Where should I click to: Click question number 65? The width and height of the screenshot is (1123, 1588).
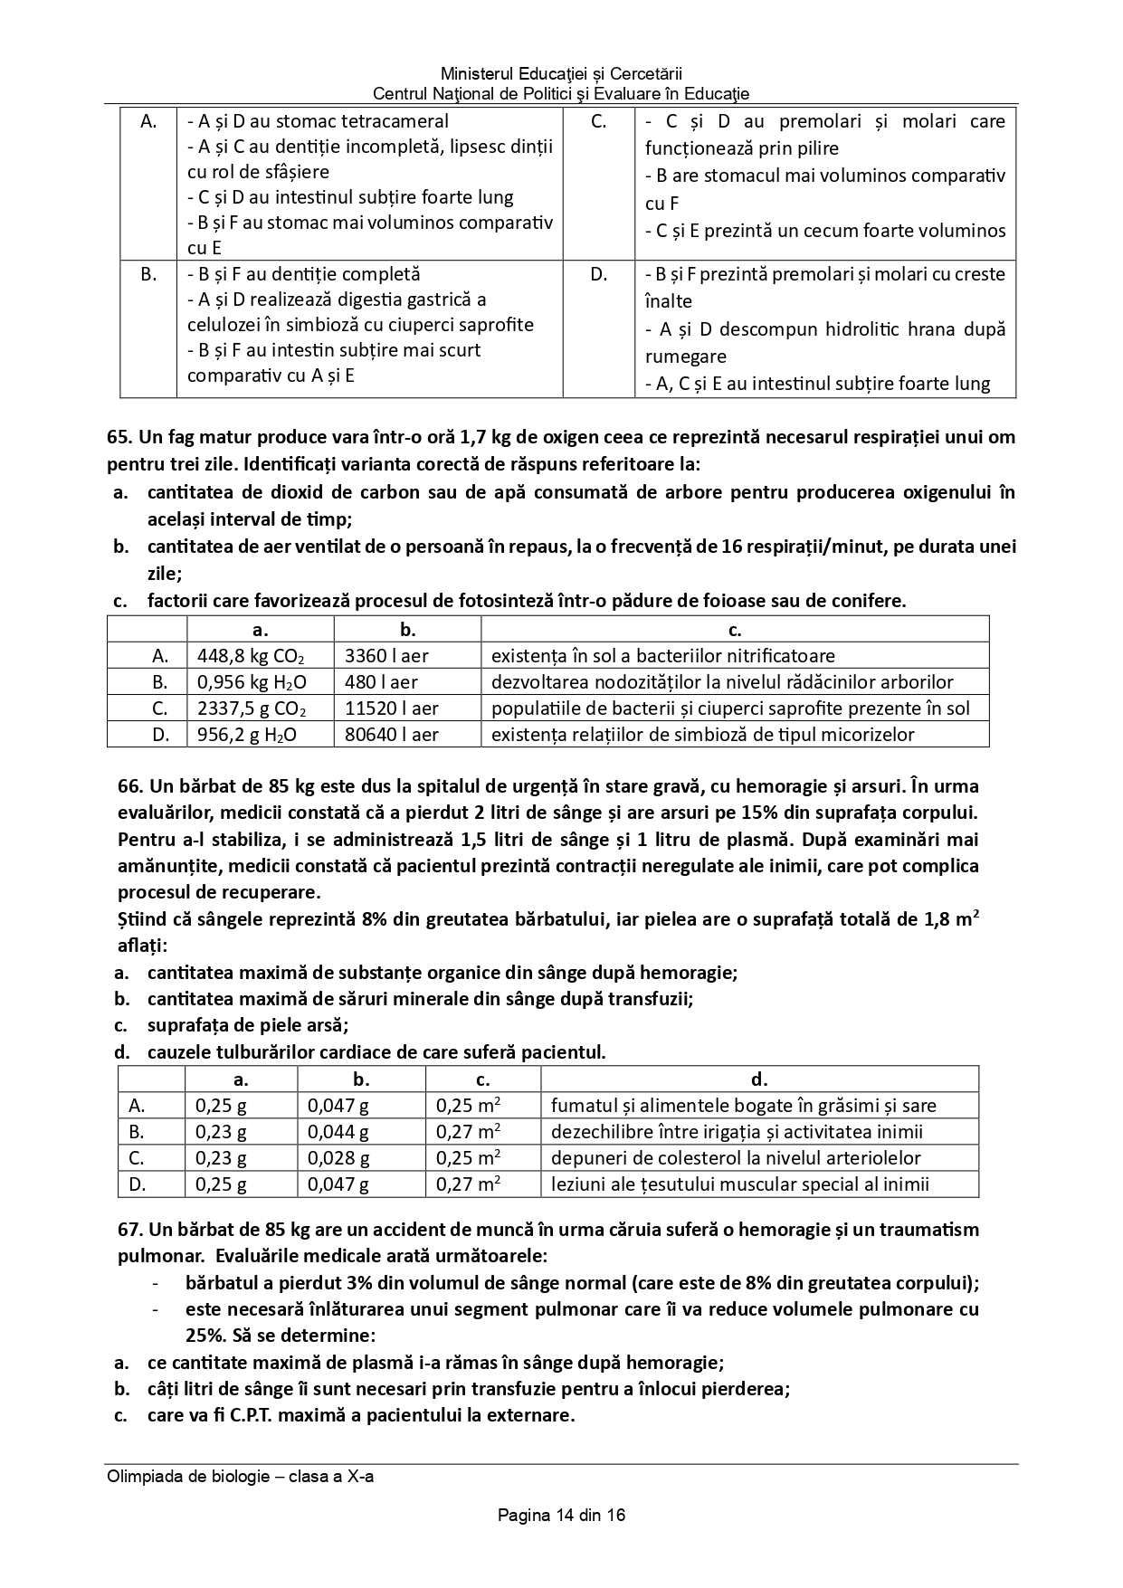coord(119,438)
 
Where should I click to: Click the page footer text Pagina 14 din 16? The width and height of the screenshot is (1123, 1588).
coord(561,1515)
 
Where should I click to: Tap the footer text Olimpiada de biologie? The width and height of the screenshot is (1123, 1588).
coord(240,1477)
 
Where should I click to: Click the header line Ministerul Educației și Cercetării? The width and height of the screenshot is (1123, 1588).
coord(561,73)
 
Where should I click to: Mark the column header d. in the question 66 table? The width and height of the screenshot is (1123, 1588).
coord(759,1079)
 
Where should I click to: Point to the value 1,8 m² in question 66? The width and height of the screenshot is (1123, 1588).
coord(951,920)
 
